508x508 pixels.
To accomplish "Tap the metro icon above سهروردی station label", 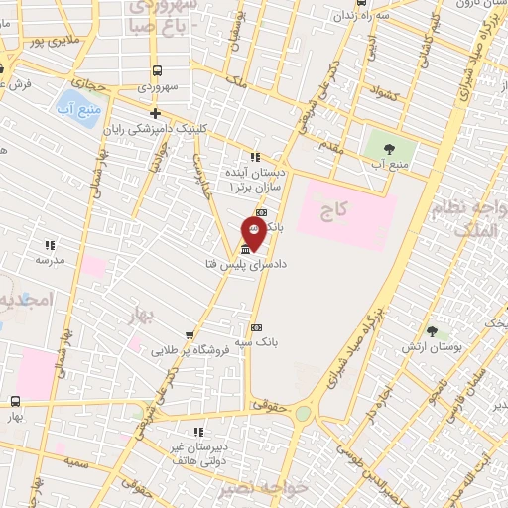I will pos(157,70).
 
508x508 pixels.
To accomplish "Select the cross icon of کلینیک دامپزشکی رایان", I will pos(155,112).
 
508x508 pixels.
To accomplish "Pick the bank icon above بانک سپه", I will pos(256,327).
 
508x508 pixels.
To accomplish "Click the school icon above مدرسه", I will pos(50,244).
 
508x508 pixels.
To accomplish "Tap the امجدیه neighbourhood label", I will pos(18,300).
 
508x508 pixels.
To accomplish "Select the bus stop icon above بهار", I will pos(15,401).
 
